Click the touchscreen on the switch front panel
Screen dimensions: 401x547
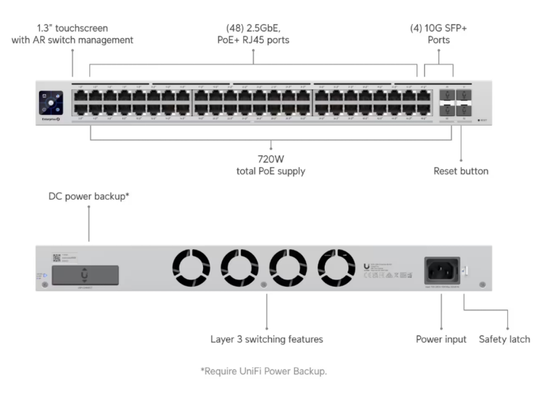tap(51, 103)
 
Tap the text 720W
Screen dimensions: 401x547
tap(269, 160)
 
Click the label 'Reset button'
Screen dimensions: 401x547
tap(461, 171)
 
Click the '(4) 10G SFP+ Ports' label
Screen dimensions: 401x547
tap(438, 34)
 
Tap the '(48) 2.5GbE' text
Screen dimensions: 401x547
tap(253, 27)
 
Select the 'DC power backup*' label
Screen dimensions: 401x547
tap(89, 196)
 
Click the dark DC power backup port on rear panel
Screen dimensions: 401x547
tap(85, 275)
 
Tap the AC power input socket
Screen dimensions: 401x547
tap(442, 269)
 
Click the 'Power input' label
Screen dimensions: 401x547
tap(441, 339)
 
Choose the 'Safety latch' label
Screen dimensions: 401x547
tap(504, 339)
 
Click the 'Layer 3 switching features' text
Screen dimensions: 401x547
tap(267, 339)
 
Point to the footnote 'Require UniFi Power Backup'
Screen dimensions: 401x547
tap(264, 372)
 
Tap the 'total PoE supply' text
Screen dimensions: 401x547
tap(270, 171)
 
